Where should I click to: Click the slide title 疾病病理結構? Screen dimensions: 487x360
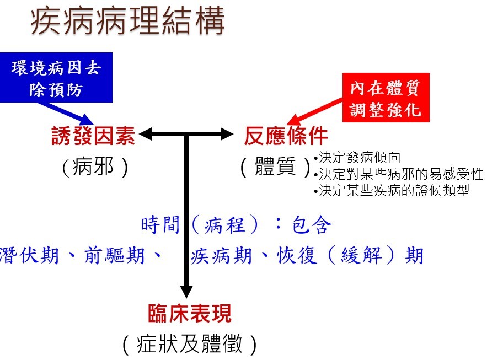127,20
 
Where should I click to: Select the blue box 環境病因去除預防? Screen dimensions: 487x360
56,78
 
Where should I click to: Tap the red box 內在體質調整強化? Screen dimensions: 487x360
386,98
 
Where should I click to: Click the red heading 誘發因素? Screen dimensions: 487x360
93,136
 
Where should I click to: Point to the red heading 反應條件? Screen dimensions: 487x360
286,136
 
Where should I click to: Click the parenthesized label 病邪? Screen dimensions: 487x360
95,167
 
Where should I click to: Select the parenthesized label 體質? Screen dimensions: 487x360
276,167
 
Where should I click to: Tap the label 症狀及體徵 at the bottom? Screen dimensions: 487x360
190,344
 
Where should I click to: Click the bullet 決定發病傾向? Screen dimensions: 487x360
357,157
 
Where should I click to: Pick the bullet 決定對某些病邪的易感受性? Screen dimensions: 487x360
399,174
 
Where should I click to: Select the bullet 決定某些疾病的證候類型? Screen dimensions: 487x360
392,190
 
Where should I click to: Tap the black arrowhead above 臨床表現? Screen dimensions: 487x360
186,292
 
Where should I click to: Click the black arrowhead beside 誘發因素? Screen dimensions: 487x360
146,134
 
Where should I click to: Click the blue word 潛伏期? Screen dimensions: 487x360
29,255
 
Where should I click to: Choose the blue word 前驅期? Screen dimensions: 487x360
114,255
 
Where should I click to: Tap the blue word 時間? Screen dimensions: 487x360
160,224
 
